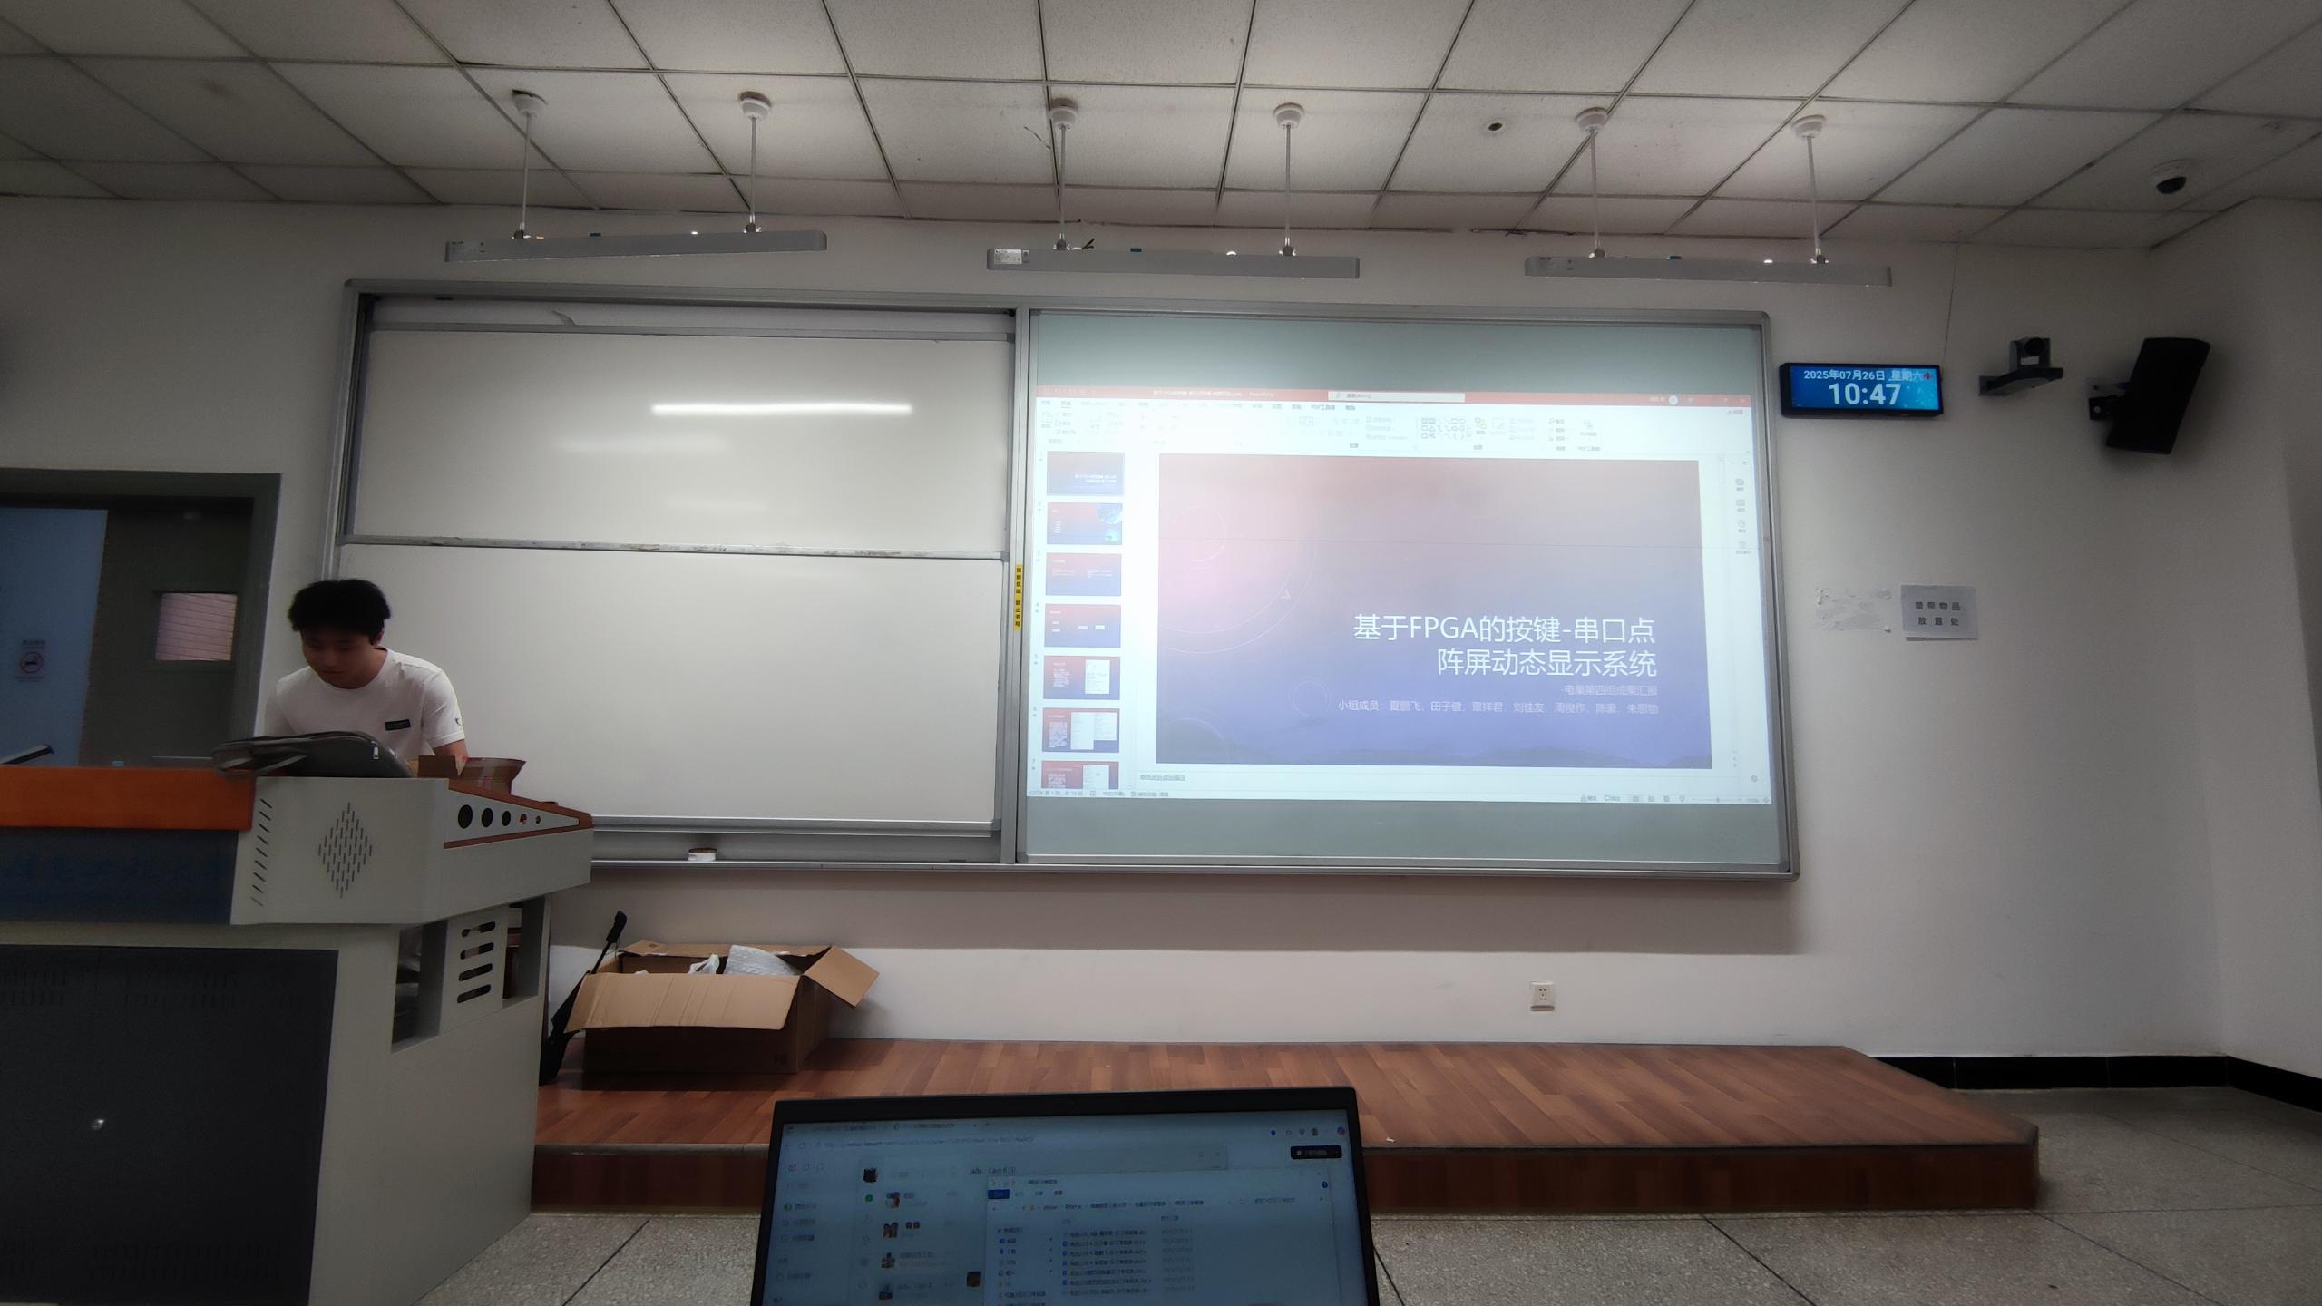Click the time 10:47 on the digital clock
[x=1864, y=395]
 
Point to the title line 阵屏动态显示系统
[x=1546, y=664]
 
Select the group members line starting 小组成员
[x=1497, y=707]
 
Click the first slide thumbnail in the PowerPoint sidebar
[x=1085, y=473]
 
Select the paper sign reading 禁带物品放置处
[x=1939, y=612]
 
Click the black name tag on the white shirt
[x=396, y=726]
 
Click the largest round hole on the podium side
[x=464, y=815]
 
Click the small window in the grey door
[x=195, y=626]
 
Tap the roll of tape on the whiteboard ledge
[x=701, y=854]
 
